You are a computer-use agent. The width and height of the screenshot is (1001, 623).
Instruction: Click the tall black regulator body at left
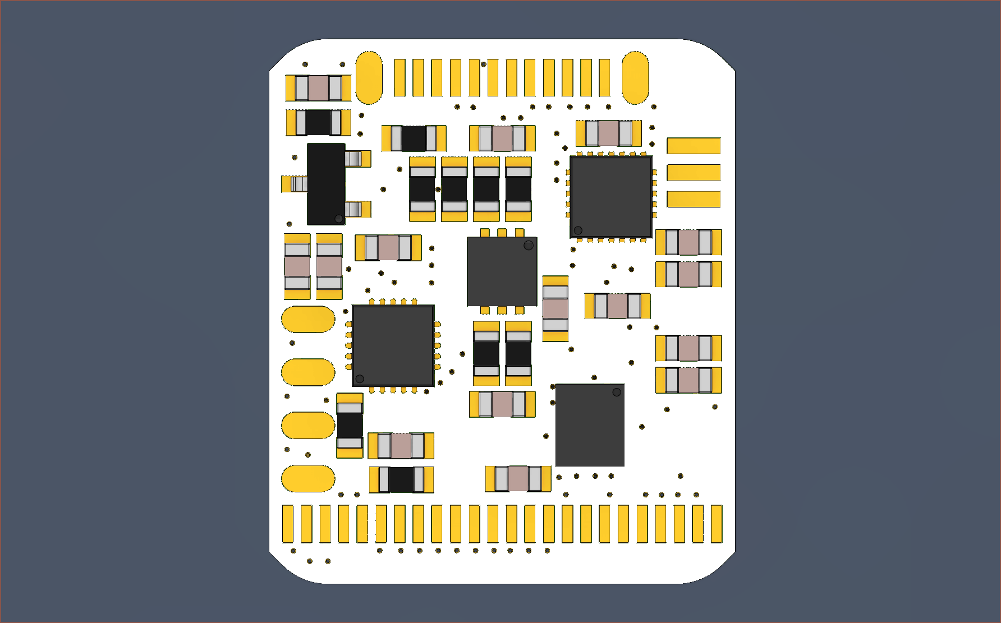326,183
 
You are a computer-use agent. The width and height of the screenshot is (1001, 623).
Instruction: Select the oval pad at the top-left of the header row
369,78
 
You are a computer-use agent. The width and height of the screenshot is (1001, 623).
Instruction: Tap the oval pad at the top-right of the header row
635,78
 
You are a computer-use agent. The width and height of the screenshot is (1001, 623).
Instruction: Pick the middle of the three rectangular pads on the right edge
694,172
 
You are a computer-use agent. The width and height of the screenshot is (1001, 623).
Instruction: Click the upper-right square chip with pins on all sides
611,197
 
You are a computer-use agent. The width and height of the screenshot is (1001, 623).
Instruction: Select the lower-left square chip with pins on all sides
393,345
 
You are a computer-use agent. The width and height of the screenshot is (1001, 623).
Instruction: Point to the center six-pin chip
502,271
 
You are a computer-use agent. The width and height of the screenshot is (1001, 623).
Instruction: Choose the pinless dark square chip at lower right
590,425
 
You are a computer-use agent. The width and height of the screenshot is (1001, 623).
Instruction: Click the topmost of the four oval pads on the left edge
308,319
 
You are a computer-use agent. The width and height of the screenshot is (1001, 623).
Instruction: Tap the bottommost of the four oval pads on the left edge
308,478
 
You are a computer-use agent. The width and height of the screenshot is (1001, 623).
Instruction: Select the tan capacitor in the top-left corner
318,88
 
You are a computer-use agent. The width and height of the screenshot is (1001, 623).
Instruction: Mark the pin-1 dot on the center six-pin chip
529,245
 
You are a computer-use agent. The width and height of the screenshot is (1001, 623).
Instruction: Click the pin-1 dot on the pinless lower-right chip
617,392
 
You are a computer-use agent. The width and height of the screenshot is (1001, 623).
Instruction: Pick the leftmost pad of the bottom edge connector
288,524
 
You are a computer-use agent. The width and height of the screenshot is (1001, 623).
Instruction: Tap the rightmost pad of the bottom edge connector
717,524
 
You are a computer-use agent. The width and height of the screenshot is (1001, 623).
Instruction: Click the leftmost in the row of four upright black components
422,189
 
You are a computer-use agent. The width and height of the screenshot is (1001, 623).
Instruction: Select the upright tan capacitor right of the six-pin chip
555,308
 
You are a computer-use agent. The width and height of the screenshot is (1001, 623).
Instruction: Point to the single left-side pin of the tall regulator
295,183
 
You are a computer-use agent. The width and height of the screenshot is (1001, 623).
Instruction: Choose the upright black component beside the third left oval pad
350,426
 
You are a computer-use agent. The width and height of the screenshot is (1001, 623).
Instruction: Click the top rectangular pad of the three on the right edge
694,146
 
